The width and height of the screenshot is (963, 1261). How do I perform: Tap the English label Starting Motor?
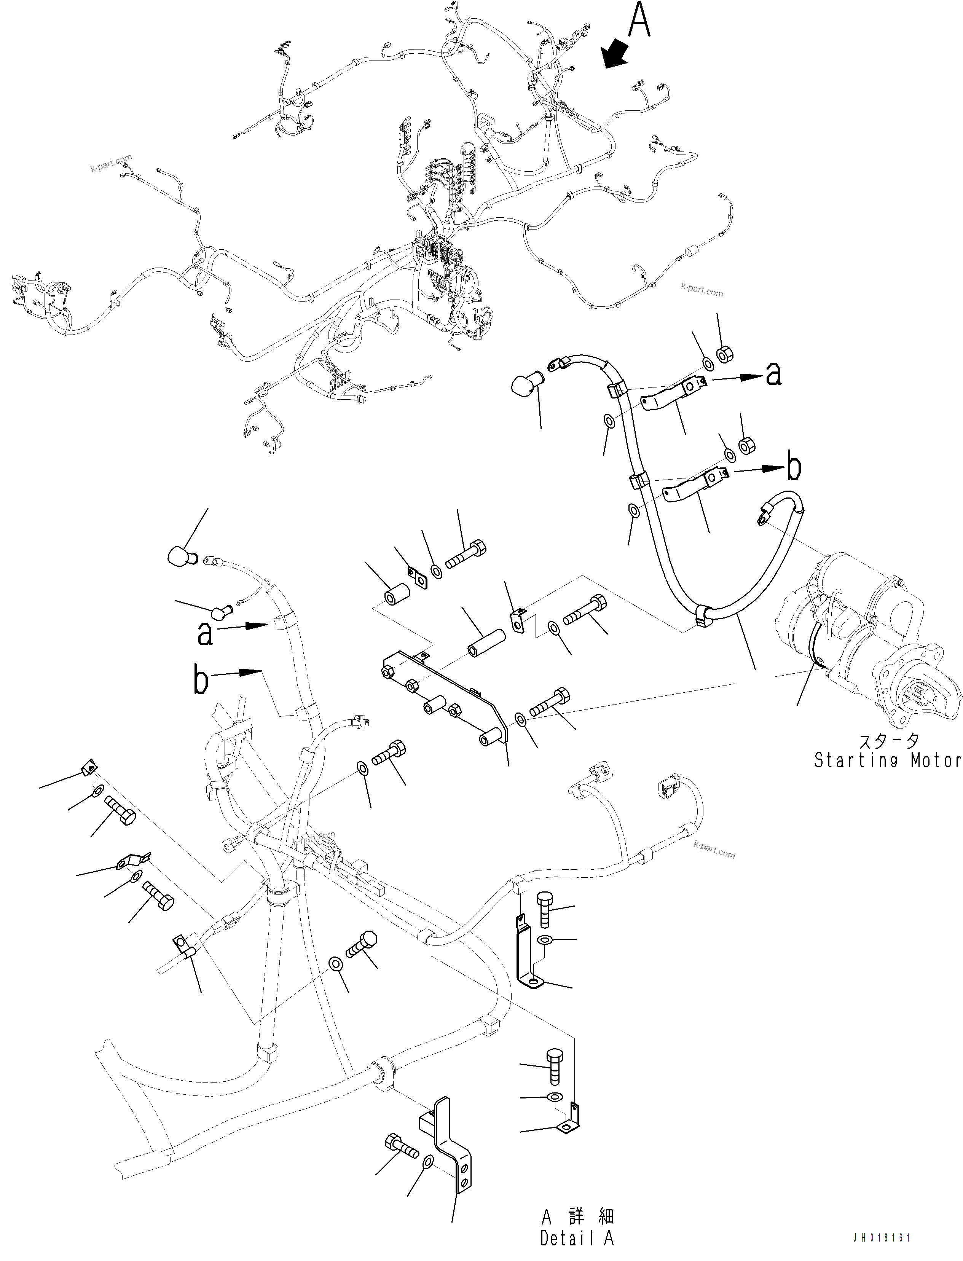(887, 760)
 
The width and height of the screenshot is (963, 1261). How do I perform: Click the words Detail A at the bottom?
(577, 1239)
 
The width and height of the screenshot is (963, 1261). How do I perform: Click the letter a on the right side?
(774, 374)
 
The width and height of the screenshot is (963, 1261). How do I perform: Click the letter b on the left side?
(201, 681)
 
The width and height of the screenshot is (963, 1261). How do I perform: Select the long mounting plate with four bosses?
(444, 699)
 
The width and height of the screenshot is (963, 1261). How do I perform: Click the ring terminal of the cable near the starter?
(761, 519)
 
